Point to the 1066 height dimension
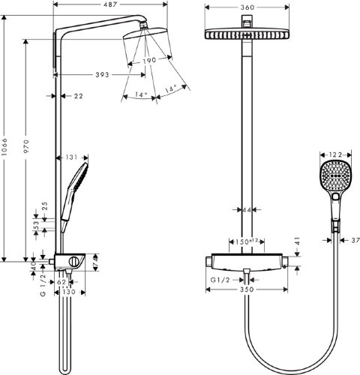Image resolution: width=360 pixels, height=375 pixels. click(x=7, y=146)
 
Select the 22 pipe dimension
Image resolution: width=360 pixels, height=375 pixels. click(x=78, y=96)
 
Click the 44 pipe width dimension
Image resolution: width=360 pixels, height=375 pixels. click(x=246, y=210)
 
